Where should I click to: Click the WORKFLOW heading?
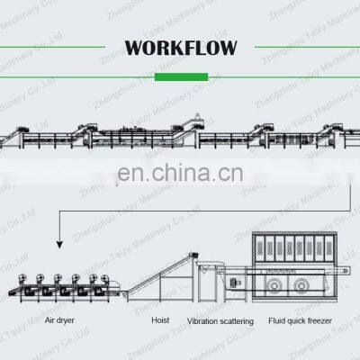point(180,46)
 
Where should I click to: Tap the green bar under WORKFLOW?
point(180,76)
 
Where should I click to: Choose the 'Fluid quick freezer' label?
point(313,320)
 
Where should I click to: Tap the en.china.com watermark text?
point(180,169)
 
